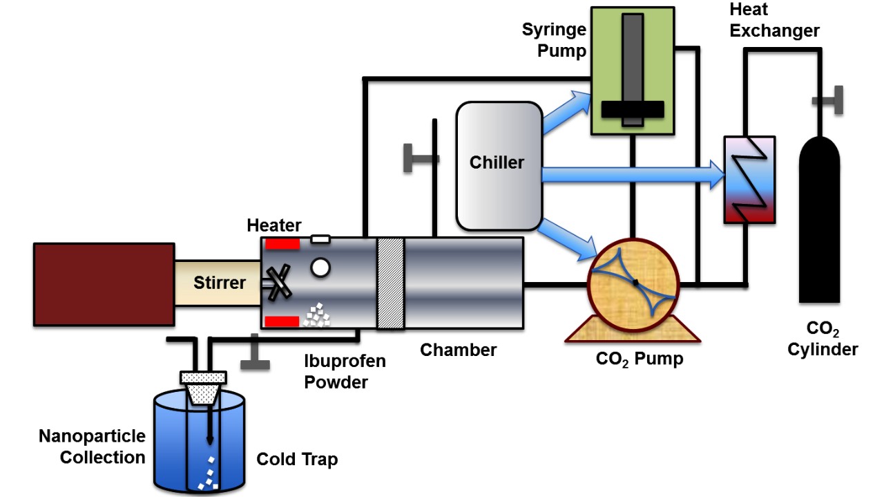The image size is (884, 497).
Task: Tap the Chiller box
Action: click(497, 166)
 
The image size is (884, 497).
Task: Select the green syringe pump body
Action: click(608, 69)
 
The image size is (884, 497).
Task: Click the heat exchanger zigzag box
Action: click(749, 180)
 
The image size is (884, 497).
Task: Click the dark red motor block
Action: click(104, 283)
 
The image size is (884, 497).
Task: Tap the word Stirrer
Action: click(219, 282)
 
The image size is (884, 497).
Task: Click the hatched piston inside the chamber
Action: click(390, 283)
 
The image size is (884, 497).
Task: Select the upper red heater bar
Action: click(282, 243)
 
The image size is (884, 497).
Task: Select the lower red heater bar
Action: click(282, 321)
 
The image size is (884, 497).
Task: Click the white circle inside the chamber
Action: click(320, 268)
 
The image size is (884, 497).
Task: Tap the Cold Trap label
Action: click(297, 460)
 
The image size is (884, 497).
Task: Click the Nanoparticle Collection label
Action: click(92, 447)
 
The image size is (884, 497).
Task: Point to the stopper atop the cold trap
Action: click(203, 377)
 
